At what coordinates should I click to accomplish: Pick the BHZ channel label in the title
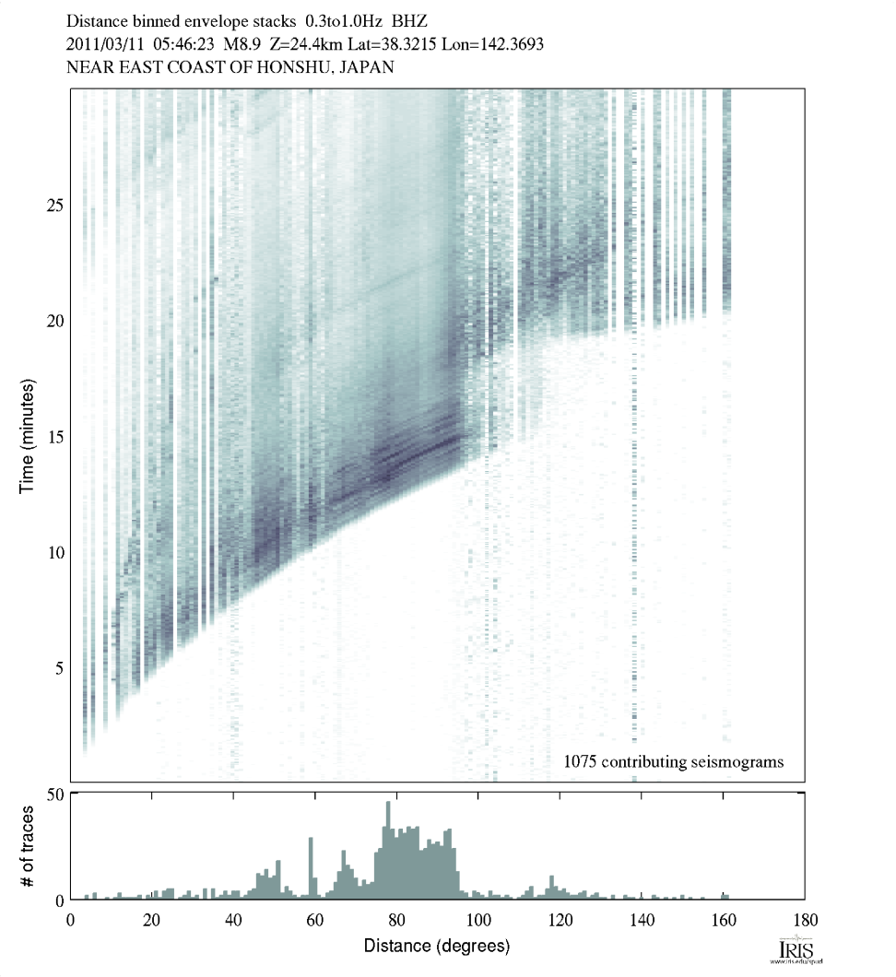coord(412,19)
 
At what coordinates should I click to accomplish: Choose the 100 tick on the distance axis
coord(477,919)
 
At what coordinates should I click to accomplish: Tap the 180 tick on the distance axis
coord(805,919)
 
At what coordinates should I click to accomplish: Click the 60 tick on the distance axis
coord(315,919)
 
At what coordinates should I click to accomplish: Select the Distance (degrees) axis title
coord(437,946)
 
